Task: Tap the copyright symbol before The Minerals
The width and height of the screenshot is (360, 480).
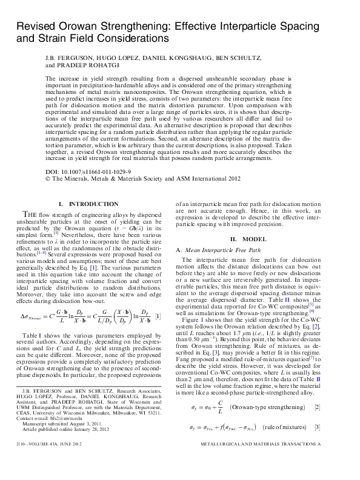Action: point(48,179)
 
